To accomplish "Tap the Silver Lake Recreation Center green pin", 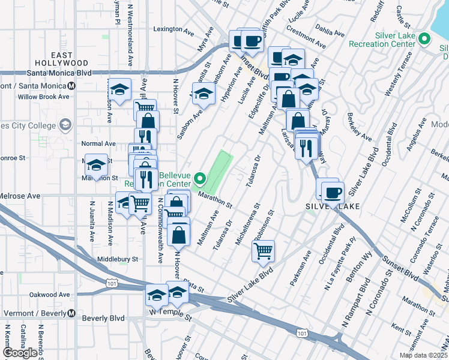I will click(x=425, y=40).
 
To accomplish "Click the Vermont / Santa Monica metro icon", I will click(x=71, y=86).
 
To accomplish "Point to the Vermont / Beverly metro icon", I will click(x=71, y=313).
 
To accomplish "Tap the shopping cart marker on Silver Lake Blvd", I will click(x=264, y=251).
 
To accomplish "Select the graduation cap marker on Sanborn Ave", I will click(x=203, y=94).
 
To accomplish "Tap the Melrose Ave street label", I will click(x=20, y=196).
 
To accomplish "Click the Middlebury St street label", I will click(x=118, y=260).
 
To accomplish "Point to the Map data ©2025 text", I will click(x=423, y=355).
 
